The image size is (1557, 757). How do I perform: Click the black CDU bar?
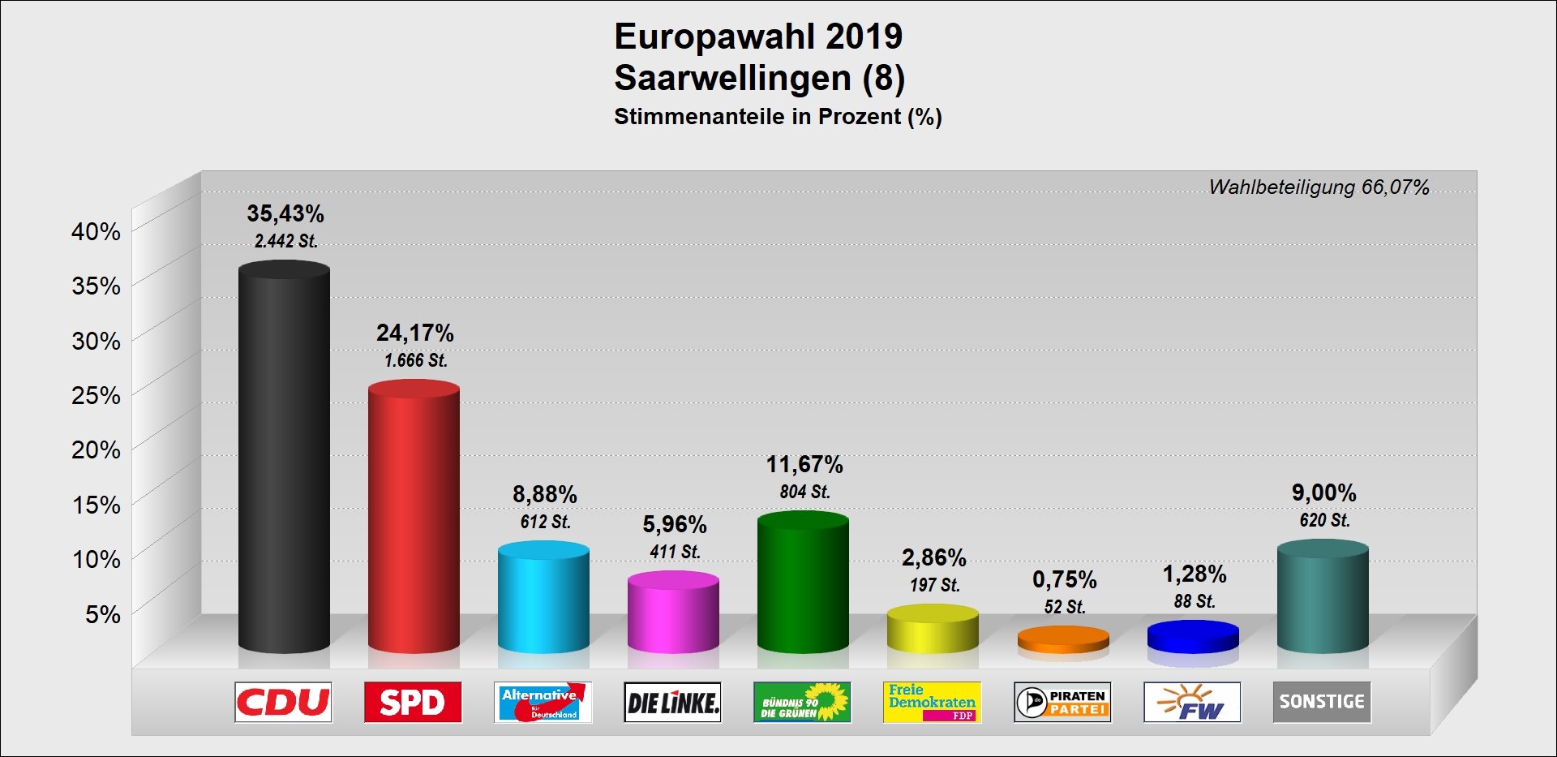(284, 458)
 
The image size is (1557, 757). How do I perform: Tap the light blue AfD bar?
(543, 598)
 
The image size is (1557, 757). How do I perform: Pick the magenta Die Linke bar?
(673, 613)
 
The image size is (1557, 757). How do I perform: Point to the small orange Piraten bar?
(1063, 640)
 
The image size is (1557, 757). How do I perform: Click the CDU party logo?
(283, 702)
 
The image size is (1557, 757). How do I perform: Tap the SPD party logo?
(413, 702)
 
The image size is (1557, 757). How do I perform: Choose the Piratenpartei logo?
(1062, 702)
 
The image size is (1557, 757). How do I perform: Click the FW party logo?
(1192, 702)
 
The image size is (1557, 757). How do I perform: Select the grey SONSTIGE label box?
(1322, 702)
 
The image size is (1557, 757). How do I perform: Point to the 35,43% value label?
(285, 213)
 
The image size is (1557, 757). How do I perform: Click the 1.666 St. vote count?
(415, 360)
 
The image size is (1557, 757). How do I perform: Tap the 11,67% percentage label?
(804, 464)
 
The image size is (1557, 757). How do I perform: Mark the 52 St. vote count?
(1065, 607)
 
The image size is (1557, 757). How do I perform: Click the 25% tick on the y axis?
(97, 395)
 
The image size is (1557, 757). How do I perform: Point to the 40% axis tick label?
(97, 231)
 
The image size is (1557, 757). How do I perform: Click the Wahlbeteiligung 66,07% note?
(1319, 187)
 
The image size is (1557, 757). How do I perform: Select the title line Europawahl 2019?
(758, 37)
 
